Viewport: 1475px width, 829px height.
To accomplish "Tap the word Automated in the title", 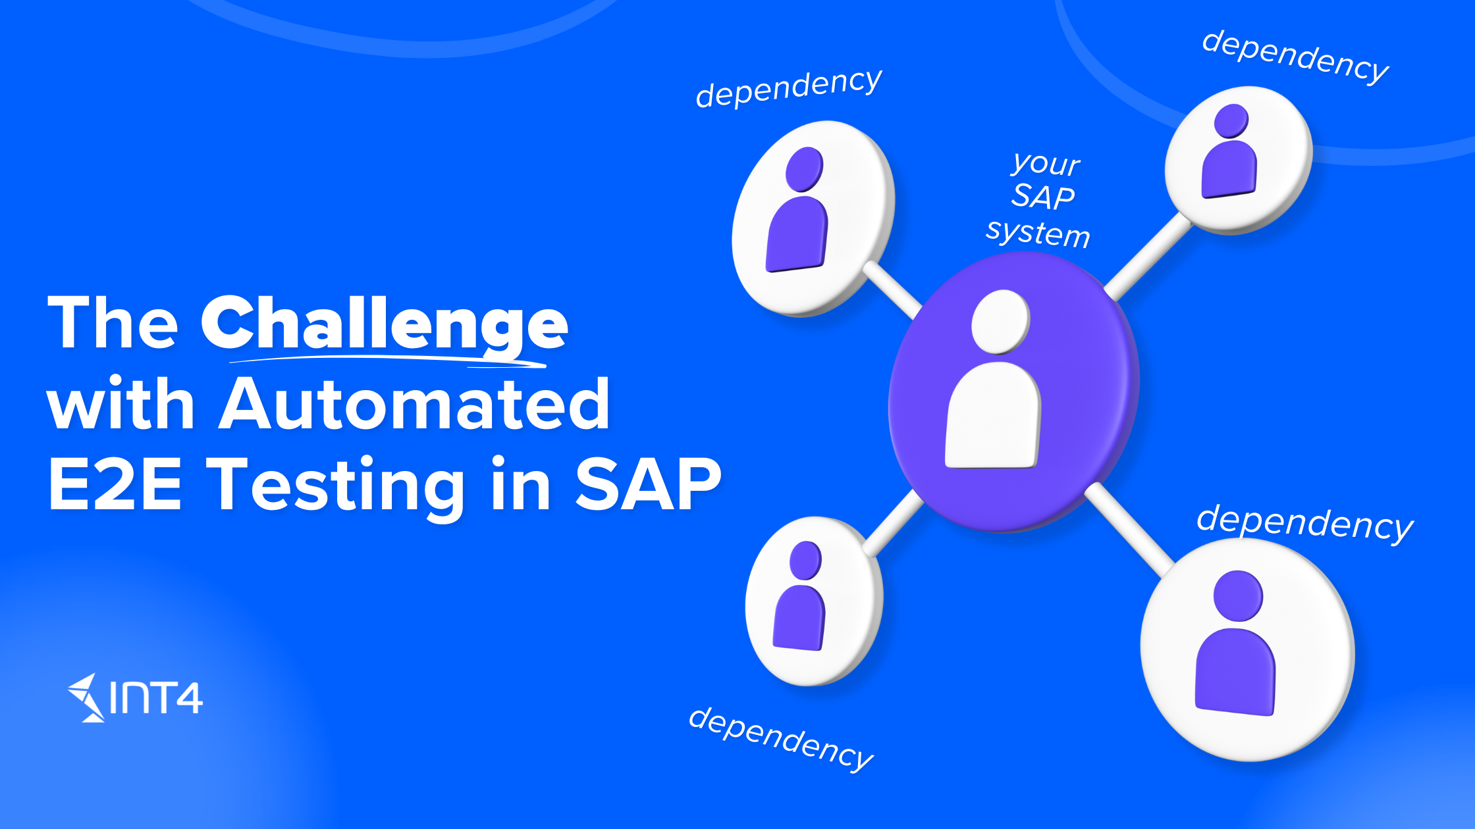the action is tap(414, 403).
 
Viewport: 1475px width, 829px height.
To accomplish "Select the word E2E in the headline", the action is tap(115, 484).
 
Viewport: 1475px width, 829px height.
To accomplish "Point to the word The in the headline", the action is tap(113, 322).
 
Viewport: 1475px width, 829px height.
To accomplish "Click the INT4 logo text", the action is tap(157, 697).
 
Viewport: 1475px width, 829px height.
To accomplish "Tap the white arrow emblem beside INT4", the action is tap(86, 697).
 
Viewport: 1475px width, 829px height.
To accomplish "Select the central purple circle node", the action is tap(1013, 391).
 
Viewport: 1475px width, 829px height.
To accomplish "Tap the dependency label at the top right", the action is tap(1295, 57).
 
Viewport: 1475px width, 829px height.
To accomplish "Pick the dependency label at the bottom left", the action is tap(781, 738).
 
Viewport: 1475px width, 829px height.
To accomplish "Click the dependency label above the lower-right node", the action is tap(1305, 523).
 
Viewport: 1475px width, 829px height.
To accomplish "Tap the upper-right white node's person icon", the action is tap(1229, 151).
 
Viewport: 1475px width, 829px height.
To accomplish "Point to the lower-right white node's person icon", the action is tap(1236, 643).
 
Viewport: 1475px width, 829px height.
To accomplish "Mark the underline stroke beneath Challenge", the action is tap(389, 360).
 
